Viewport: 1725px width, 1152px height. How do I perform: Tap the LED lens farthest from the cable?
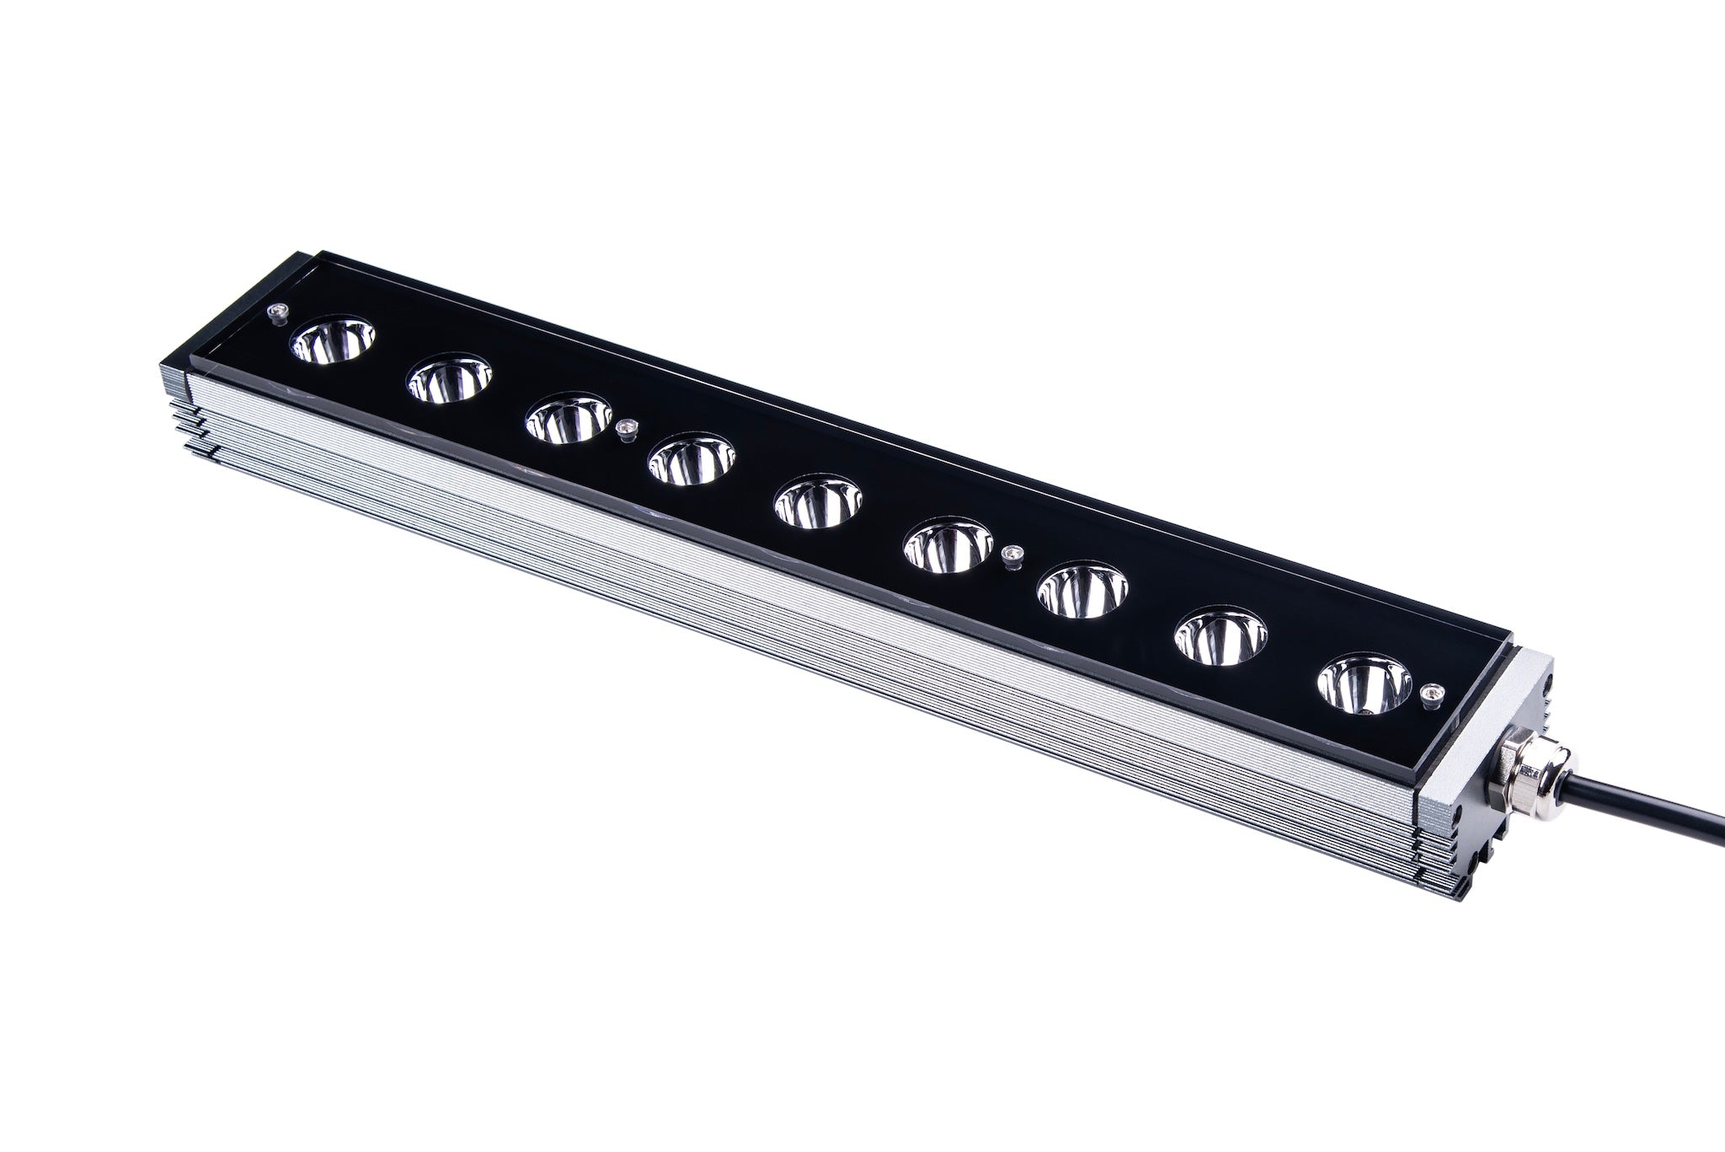[333, 341]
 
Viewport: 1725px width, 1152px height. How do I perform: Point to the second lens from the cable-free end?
[449, 381]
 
